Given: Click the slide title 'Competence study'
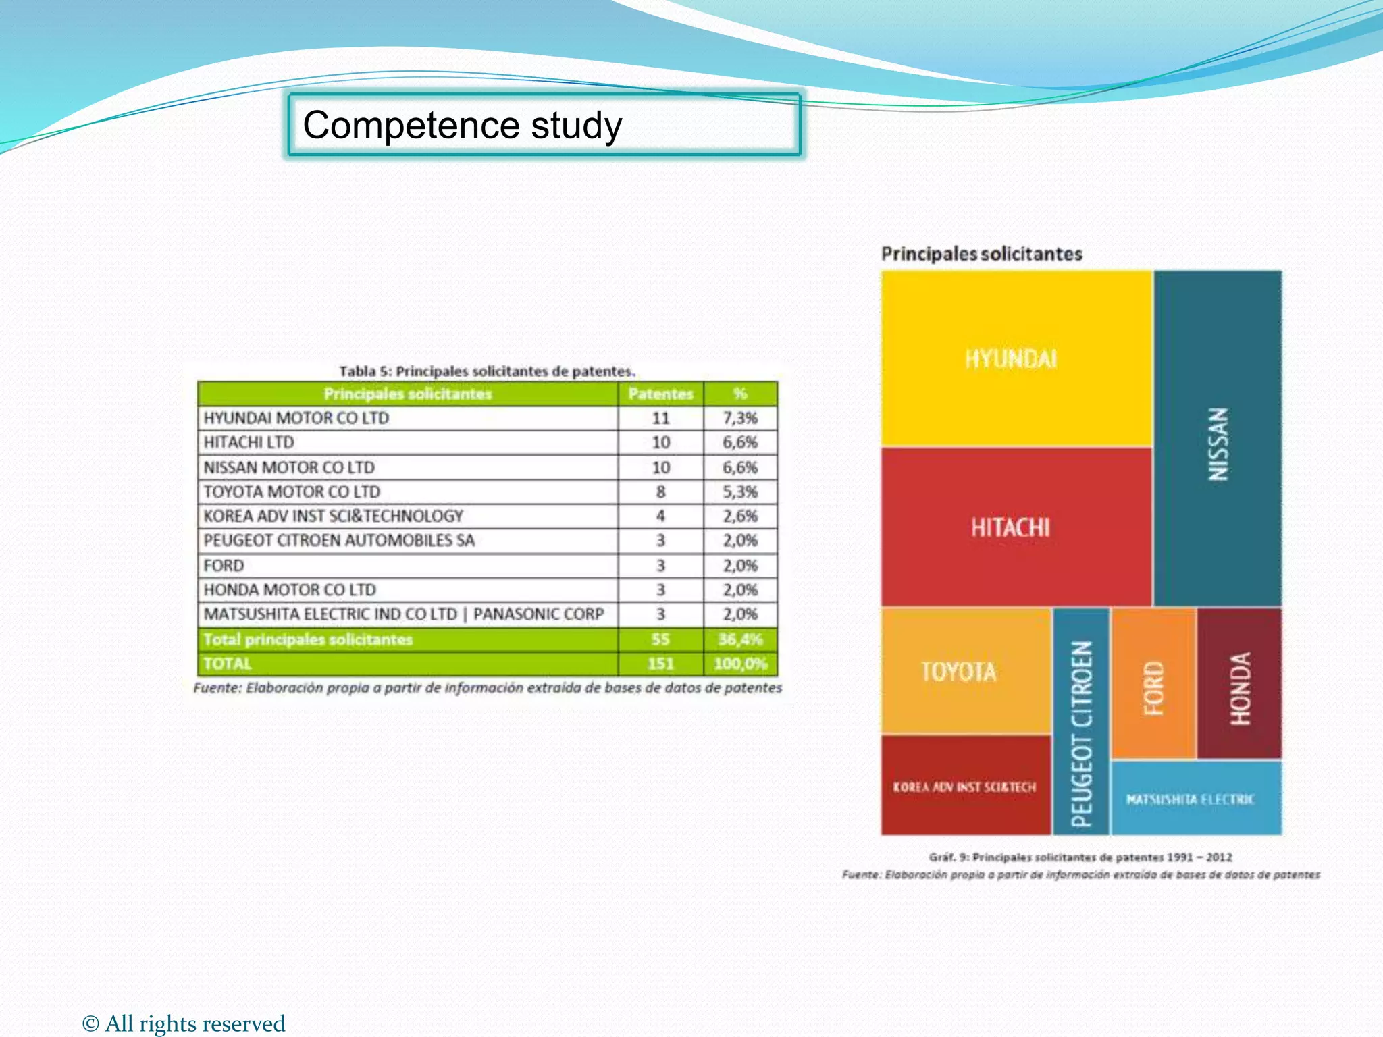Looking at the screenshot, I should (463, 126).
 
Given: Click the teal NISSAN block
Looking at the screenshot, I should (1218, 439).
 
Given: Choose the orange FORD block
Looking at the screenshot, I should (1153, 684).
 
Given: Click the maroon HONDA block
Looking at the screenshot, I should (1240, 684).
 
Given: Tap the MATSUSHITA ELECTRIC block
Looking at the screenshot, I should (1196, 799).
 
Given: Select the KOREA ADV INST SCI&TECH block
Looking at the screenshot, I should (964, 787).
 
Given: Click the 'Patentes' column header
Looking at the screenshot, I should (660, 394).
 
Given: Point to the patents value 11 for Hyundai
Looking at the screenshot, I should (660, 418).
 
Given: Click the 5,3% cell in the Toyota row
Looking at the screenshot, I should (740, 491).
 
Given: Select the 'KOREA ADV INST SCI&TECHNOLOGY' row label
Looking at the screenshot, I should (334, 516).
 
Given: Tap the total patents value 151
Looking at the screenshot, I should (660, 664).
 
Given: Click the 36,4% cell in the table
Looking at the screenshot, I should (740, 639).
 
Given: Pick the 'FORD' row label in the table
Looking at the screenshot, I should (224, 565).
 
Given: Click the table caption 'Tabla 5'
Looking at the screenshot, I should (487, 371).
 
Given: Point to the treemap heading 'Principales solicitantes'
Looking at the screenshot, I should (981, 254).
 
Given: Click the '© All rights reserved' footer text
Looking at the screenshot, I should (184, 1023).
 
